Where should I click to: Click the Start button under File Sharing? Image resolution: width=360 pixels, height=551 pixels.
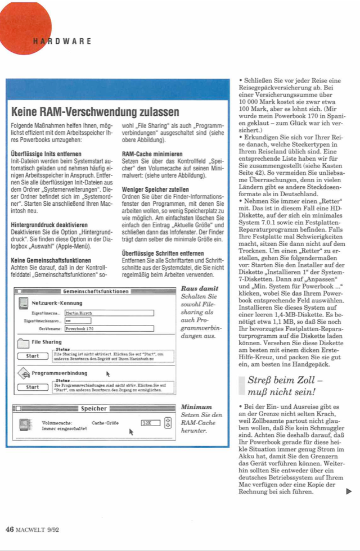pos(33,356)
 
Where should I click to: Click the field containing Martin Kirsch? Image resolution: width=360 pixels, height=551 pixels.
pos(109,313)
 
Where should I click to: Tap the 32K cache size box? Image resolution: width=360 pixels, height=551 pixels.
pos(150,423)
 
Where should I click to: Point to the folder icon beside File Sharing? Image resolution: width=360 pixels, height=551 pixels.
pos(23,343)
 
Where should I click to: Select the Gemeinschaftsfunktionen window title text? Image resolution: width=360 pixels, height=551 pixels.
pos(96,292)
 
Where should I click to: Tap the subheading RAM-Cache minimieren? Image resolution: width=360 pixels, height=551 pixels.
pos(152,153)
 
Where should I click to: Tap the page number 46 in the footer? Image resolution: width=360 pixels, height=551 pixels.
pos(10,529)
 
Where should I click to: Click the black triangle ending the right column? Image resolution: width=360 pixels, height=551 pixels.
pos(349,492)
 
